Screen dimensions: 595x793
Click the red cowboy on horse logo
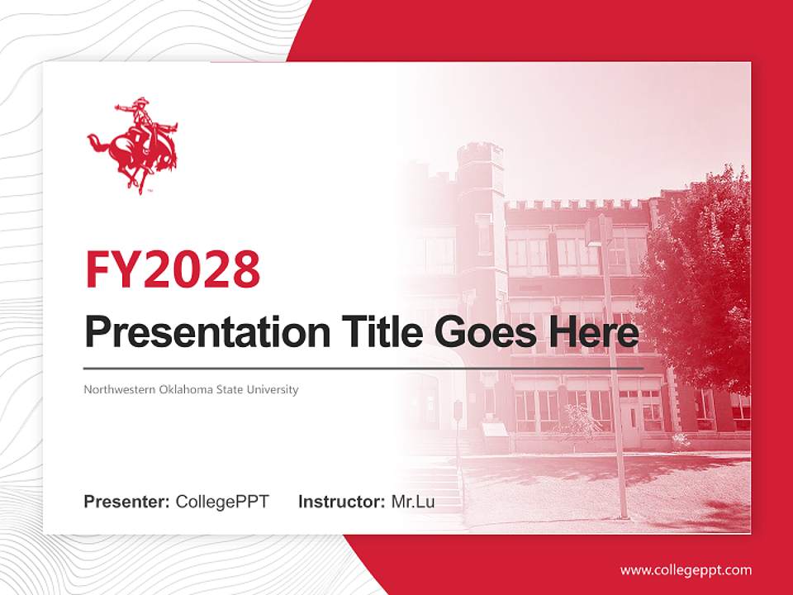(x=133, y=146)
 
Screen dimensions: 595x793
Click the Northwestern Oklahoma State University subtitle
(x=191, y=389)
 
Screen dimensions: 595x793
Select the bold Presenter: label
(x=127, y=502)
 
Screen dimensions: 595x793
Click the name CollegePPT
(x=222, y=502)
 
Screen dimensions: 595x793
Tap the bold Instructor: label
(x=341, y=502)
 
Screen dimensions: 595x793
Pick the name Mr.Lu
(x=413, y=502)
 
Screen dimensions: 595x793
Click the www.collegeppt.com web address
(x=686, y=570)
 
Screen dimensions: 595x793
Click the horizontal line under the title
(x=363, y=368)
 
